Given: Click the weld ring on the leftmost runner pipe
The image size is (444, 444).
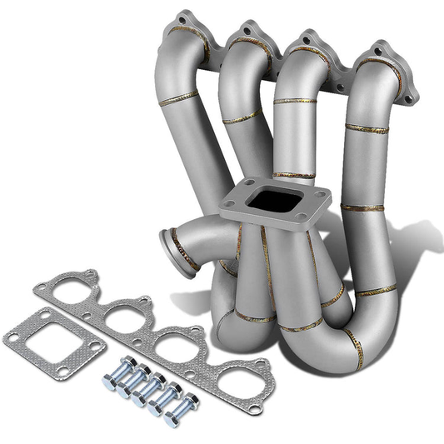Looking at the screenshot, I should click(180, 99).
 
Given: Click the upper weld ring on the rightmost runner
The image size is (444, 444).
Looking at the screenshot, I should click(367, 129).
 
